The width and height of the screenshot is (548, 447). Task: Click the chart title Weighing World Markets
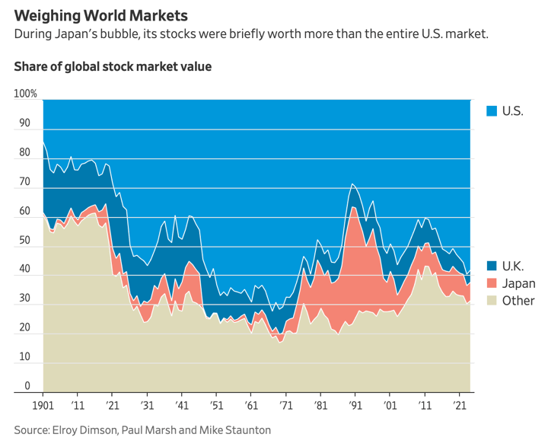click(100, 14)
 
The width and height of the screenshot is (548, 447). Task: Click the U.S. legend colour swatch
click(492, 111)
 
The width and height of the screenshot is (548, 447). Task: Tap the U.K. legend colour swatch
click(492, 266)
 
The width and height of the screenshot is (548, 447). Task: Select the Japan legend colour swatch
click(492, 283)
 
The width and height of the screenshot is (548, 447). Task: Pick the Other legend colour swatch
click(492, 300)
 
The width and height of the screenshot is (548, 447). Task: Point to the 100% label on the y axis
click(25, 94)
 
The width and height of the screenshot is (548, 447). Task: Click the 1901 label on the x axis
click(43, 407)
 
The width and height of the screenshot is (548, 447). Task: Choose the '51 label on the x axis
click(217, 407)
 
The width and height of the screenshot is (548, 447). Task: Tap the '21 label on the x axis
click(459, 407)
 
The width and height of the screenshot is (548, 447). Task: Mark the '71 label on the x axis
click(285, 407)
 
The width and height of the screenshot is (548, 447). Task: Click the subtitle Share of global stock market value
click(113, 67)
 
